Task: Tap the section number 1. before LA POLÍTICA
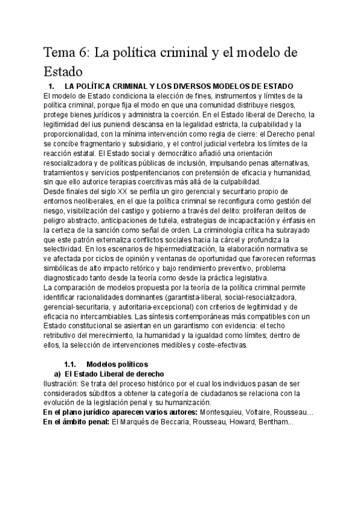[52, 86]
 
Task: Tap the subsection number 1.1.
[71, 364]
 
